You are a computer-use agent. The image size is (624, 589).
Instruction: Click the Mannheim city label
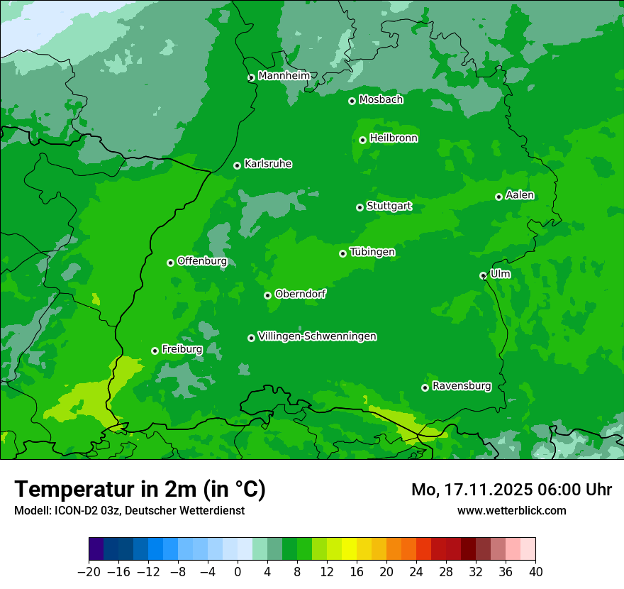coord(284,76)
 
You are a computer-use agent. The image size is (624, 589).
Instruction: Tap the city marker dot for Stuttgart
coord(360,207)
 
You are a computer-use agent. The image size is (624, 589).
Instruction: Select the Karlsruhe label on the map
coord(267,164)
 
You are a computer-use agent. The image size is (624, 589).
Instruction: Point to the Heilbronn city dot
coord(362,140)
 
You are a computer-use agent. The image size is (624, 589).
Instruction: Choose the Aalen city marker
coord(498,197)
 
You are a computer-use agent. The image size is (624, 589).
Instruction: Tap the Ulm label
coord(500,274)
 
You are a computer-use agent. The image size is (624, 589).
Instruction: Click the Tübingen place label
coord(372,252)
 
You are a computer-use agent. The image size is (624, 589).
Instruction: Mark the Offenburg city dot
coord(170,263)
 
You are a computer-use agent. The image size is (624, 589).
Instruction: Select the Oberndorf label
coord(300,294)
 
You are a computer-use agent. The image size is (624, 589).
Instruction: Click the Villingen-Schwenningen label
coord(317,336)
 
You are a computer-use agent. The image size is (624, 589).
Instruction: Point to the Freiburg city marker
coord(155,351)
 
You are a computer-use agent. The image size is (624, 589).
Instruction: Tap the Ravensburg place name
coord(461,386)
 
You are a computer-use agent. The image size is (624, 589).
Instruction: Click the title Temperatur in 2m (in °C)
coord(140,490)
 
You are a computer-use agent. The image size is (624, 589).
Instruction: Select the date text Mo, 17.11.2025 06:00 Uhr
coord(511,490)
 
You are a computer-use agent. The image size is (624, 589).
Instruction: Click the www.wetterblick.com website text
coord(511,510)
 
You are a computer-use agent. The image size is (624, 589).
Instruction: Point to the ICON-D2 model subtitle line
coord(129,510)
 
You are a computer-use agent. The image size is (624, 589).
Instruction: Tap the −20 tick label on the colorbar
coord(89,571)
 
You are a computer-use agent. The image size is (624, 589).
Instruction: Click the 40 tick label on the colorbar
coord(535,571)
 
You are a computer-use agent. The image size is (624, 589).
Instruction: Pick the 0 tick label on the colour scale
coord(238,571)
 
